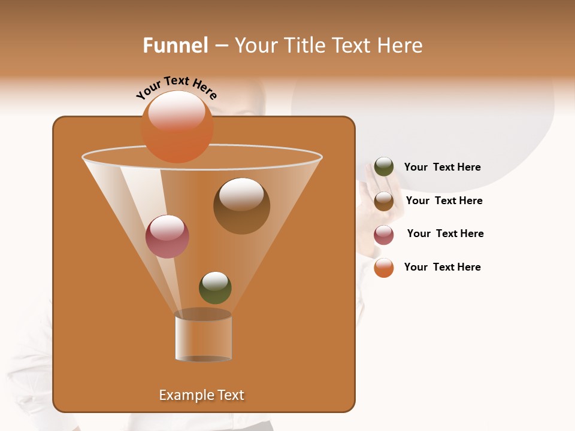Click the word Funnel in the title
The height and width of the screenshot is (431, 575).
pyautogui.click(x=175, y=45)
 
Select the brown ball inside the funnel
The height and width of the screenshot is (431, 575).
pyautogui.click(x=241, y=206)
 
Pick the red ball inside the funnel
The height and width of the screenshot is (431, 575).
pyautogui.click(x=167, y=236)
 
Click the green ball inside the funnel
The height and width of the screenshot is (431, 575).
pyautogui.click(x=215, y=288)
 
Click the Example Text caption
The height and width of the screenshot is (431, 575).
pyautogui.click(x=201, y=395)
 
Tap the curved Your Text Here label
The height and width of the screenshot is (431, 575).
pyautogui.click(x=176, y=87)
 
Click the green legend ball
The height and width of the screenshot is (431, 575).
pyautogui.click(x=384, y=167)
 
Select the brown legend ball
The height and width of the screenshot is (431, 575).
pyautogui.click(x=384, y=201)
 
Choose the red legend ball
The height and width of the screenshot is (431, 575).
pyautogui.click(x=384, y=235)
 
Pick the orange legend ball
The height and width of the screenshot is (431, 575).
pyautogui.click(x=384, y=268)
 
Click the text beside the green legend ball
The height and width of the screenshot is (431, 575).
pyautogui.click(x=442, y=168)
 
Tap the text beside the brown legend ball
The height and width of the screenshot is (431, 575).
pyautogui.click(x=444, y=201)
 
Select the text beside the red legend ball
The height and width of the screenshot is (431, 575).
pyautogui.click(x=445, y=234)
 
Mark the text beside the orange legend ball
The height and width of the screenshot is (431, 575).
pyautogui.click(x=442, y=267)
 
